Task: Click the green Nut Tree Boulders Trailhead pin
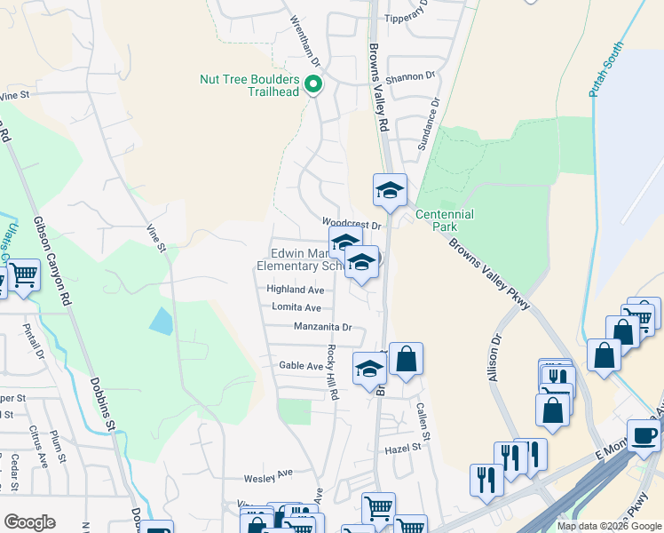(x=312, y=85)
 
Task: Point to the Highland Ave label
(x=296, y=290)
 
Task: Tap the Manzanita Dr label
(x=323, y=327)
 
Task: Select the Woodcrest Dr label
(x=352, y=226)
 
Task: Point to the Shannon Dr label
(x=409, y=76)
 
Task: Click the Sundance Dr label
(x=428, y=124)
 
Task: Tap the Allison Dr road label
(x=494, y=358)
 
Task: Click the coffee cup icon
(x=644, y=434)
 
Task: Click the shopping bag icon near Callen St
(x=406, y=359)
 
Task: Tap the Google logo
(x=29, y=522)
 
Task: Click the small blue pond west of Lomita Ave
(x=162, y=321)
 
